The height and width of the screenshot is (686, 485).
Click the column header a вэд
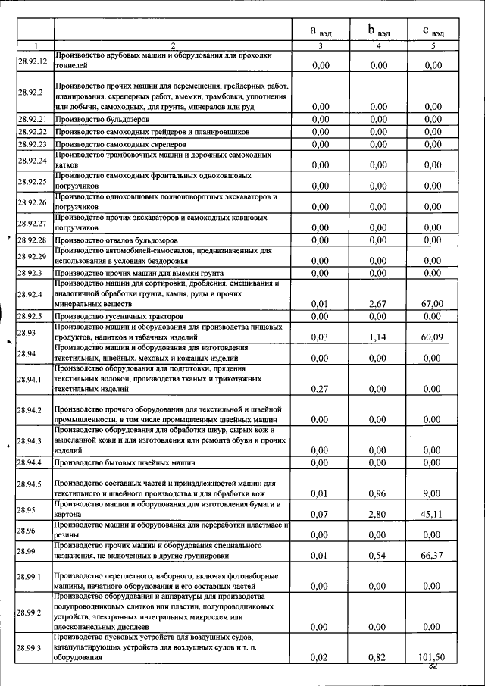pyautogui.click(x=320, y=31)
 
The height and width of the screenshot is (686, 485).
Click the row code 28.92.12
pyautogui.click(x=33, y=61)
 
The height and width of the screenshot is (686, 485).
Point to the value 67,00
pyautogui.click(x=432, y=303)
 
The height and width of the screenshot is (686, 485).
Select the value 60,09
pyautogui.click(x=432, y=336)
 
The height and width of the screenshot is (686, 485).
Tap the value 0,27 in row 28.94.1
pyautogui.click(x=320, y=388)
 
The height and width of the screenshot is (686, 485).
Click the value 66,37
pyautogui.click(x=432, y=556)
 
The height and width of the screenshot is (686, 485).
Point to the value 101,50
pyautogui.click(x=432, y=657)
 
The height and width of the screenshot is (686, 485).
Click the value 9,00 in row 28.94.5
pyautogui.click(x=432, y=493)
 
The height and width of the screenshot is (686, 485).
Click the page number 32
pyautogui.click(x=433, y=666)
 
